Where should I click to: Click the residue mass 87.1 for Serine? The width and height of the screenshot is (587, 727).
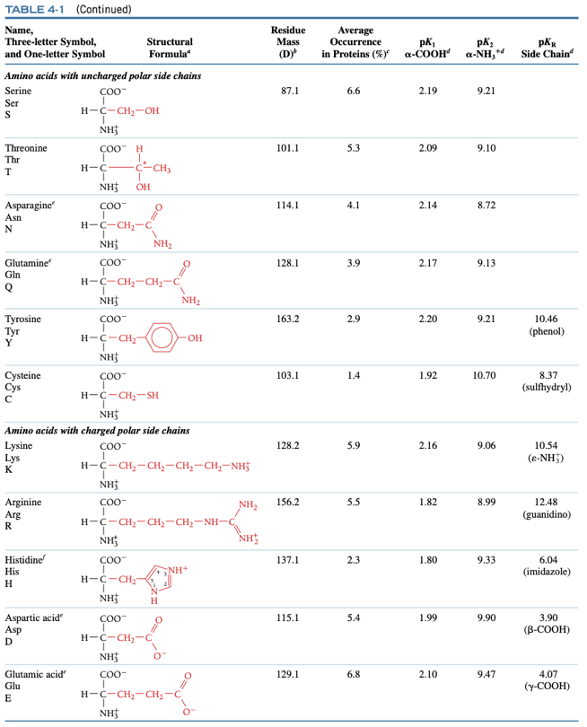[290, 92]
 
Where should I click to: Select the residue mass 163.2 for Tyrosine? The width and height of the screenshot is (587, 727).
[290, 319]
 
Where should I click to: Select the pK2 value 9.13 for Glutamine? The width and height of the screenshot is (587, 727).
[485, 263]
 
